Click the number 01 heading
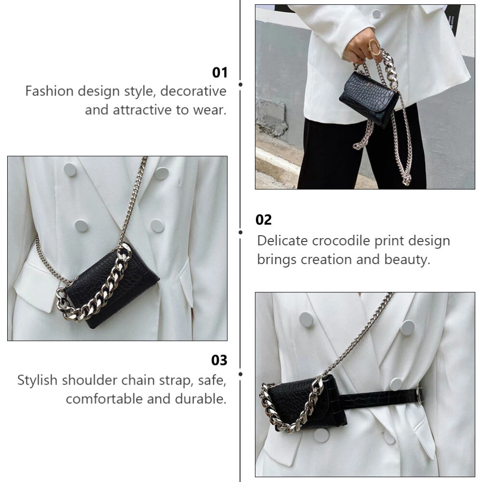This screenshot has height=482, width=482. (219, 73)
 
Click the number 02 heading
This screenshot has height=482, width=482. (264, 220)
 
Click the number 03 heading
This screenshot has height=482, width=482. (219, 360)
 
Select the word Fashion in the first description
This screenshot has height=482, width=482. (50, 91)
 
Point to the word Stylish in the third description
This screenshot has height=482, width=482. (38, 380)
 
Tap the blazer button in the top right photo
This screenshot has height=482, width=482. (376, 13)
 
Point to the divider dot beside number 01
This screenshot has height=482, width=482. (241, 84)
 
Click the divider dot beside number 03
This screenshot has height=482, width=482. (241, 374)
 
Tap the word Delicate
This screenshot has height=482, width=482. (282, 241)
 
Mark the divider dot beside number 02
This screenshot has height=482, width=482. (241, 232)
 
